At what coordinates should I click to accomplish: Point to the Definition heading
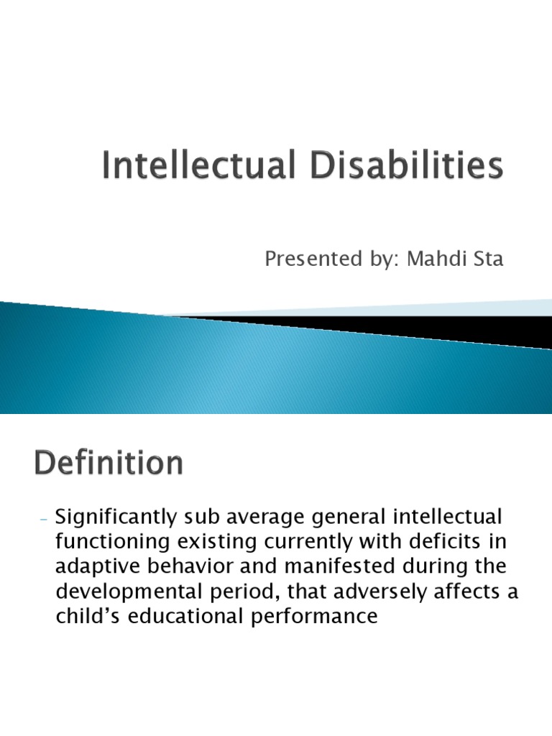(108, 464)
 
